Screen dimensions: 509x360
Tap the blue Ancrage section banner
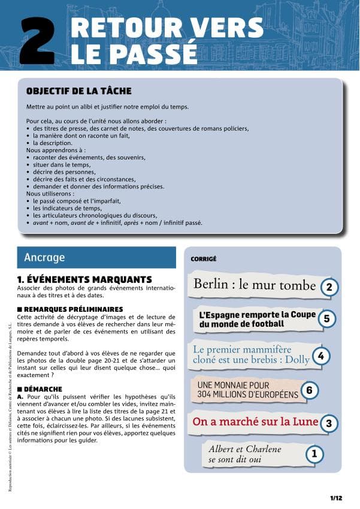tap(96, 258)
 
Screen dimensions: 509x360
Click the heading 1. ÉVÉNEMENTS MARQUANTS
tap(84, 279)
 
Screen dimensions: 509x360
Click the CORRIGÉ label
tap(203, 260)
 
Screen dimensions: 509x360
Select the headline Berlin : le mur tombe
tap(254, 284)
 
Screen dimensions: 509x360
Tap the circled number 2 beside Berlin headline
tap(328, 287)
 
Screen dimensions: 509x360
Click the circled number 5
tap(326, 318)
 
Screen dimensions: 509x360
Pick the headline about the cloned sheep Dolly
tap(250, 354)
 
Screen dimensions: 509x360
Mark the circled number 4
tap(321, 356)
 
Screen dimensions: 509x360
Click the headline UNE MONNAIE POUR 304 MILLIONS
tap(247, 390)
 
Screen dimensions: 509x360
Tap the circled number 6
tap(309, 390)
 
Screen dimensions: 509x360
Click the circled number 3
tap(328, 424)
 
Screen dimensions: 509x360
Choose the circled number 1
tap(312, 454)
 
